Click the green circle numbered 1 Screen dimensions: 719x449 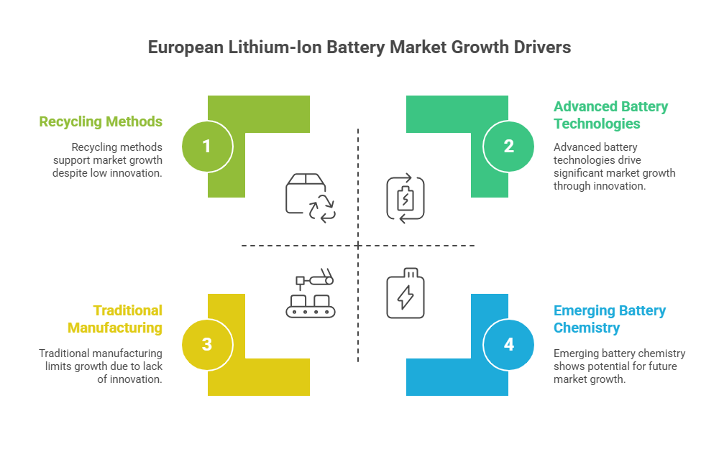(207, 147)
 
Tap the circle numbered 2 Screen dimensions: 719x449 (508, 147)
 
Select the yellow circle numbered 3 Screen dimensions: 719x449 (207, 345)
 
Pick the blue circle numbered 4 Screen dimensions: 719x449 (508, 345)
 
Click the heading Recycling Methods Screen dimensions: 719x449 (101, 122)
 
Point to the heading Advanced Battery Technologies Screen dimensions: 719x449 (610, 115)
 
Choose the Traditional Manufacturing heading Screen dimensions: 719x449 (114, 319)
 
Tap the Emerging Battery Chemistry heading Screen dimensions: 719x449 (610, 319)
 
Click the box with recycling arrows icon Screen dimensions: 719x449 (311, 198)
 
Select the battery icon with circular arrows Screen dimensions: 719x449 (406, 198)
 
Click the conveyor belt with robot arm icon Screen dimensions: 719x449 (311, 293)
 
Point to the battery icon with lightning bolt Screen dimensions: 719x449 (406, 293)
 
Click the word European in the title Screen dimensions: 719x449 (186, 48)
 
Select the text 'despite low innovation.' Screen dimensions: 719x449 (107, 173)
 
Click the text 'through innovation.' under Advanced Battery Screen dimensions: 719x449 (600, 186)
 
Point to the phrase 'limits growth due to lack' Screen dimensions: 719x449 (104, 366)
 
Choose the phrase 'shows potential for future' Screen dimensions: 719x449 (615, 366)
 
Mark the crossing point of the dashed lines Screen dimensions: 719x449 (358, 246)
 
